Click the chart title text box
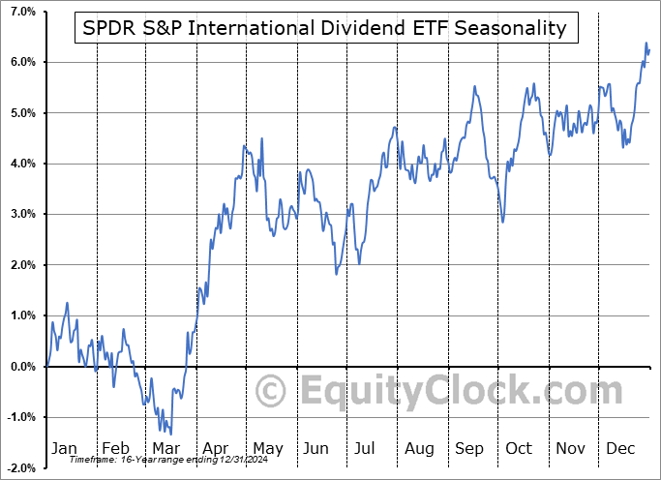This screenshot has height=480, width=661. coord(326,28)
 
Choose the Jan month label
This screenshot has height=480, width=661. coord(63,448)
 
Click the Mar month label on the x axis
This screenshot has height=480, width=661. coord(165,448)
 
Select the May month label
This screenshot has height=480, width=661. coord(267,448)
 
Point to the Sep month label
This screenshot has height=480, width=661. coord(469,448)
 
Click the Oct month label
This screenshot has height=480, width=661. coord(520,448)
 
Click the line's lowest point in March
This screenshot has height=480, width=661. coord(170,435)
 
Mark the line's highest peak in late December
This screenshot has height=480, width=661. coord(646,44)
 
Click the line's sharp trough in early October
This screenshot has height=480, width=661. coord(502,222)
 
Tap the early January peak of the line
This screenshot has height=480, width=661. coord(67,303)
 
